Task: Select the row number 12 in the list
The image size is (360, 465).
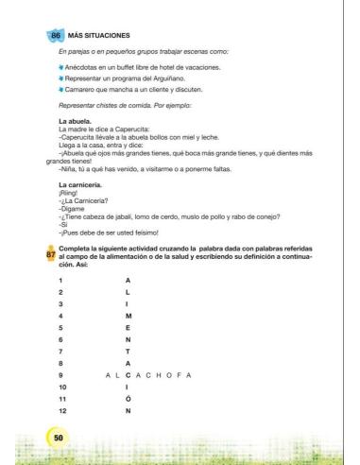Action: (61, 412)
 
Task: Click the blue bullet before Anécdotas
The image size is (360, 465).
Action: (61, 69)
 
